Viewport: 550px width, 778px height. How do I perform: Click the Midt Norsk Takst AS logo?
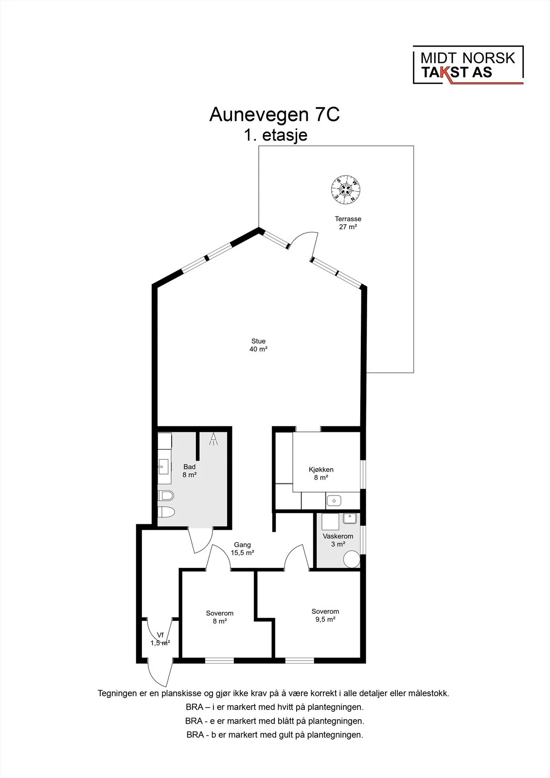[468, 65]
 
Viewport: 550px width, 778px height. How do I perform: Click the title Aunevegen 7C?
[274, 114]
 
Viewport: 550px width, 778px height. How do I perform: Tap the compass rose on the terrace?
[345, 190]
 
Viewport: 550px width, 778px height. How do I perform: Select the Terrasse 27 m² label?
[348, 223]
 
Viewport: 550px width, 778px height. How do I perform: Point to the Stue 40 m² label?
[258, 345]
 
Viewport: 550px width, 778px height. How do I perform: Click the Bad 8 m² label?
[189, 471]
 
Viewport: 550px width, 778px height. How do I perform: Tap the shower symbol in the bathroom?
[213, 439]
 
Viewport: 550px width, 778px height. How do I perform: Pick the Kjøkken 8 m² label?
[321, 474]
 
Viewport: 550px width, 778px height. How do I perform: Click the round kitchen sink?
[334, 501]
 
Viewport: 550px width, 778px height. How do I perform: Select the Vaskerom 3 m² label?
[337, 540]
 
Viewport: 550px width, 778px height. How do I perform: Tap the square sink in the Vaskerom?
[350, 518]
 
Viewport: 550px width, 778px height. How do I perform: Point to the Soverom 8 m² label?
[220, 617]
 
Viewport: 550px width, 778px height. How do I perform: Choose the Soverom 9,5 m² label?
[325, 616]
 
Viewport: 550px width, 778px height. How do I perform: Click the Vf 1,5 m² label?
[160, 639]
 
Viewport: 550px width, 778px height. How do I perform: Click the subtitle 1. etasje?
[276, 135]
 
